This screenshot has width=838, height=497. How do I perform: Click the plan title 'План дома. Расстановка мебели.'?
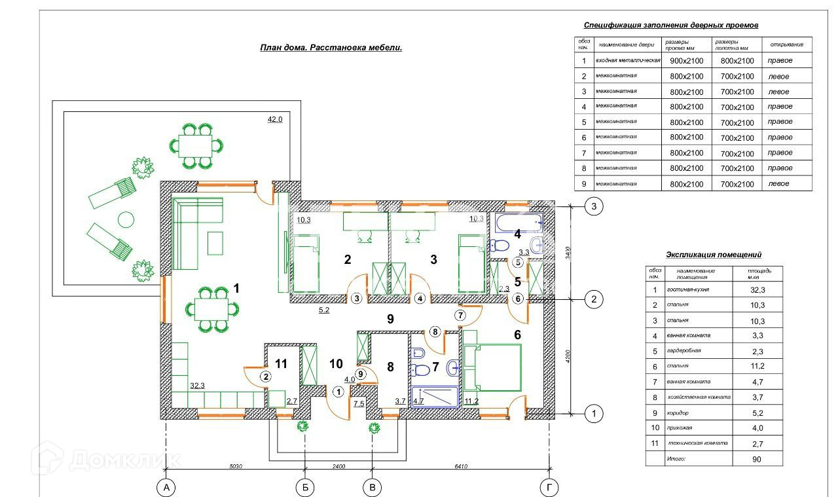331,48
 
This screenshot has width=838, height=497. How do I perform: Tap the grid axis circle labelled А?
166,488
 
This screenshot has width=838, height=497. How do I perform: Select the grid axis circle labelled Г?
549,488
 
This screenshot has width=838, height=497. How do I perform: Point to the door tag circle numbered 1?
338,392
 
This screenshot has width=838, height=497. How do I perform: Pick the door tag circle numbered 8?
435,331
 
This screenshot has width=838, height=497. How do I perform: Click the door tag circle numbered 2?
266,377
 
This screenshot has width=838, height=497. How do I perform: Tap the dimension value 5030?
236,467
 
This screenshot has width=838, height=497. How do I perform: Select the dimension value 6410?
461,467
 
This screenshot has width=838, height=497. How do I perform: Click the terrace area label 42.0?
275,119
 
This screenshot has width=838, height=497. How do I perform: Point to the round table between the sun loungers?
125,219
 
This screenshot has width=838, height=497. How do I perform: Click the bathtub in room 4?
517,223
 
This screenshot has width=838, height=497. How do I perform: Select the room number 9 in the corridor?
390,320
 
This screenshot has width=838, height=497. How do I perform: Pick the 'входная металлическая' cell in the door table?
628,61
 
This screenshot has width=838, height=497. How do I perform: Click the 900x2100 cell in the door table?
685,61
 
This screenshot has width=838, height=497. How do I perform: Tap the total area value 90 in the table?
757,460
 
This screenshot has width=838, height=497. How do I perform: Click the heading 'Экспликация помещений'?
714,255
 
